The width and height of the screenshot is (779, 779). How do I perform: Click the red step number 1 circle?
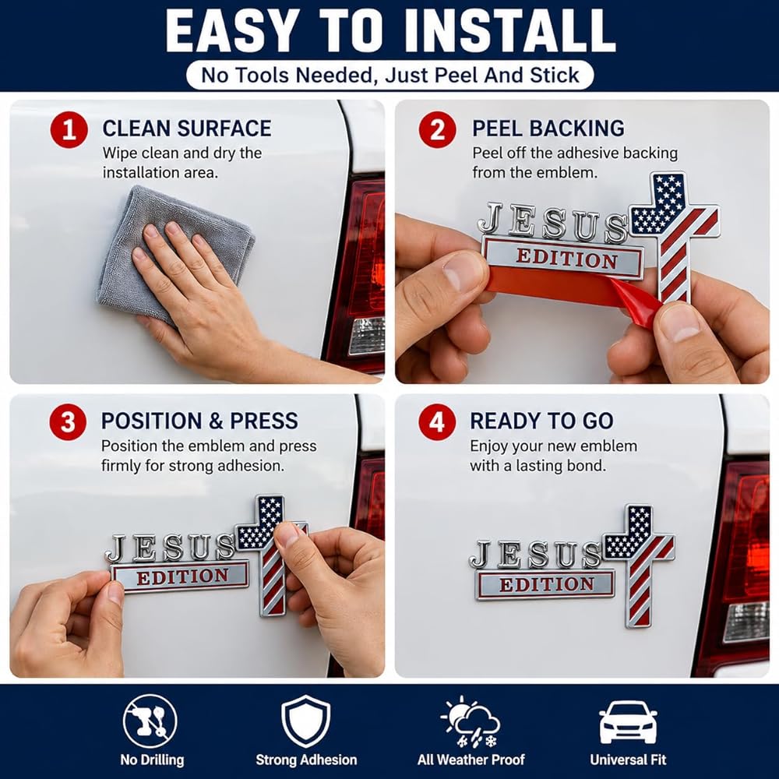69,129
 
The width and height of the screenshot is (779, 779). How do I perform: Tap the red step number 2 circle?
437,129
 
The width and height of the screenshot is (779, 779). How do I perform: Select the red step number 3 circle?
68,421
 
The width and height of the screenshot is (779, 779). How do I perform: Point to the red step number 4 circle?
437,421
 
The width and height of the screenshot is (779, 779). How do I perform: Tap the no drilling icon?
150,721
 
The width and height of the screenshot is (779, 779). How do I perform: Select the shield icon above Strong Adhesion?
305,721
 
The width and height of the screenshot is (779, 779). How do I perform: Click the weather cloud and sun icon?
470,721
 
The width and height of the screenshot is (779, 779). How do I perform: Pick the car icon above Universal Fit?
628,722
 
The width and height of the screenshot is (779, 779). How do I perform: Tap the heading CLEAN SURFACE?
187,129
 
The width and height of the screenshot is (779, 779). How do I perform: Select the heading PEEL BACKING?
548,129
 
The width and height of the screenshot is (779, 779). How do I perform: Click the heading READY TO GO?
541,421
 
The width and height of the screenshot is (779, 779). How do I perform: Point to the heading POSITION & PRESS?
199,421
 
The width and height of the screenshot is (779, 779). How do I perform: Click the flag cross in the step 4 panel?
640,566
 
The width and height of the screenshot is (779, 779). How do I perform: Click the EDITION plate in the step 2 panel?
563,258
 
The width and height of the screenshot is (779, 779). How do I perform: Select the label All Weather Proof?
471,760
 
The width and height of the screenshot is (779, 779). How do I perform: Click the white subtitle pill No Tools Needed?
390,76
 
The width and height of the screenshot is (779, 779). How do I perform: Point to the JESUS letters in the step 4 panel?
536,555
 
